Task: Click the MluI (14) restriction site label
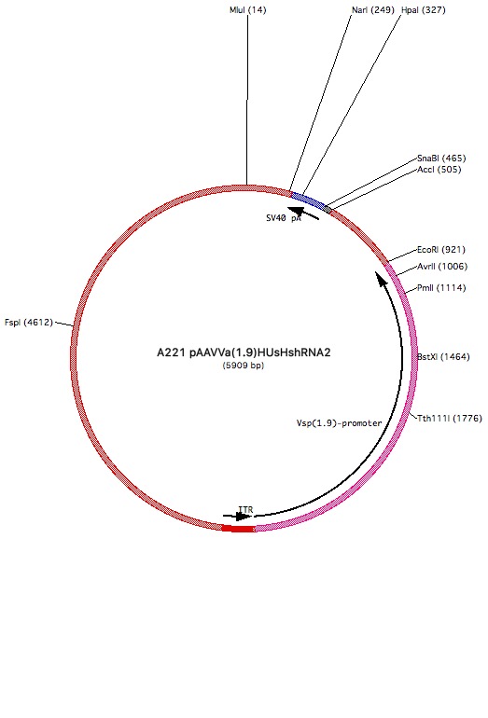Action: (247, 10)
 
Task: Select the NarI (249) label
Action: (373, 10)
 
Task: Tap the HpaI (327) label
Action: (423, 10)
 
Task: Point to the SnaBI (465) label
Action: (441, 159)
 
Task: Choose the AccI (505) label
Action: (439, 170)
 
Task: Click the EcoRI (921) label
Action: (440, 250)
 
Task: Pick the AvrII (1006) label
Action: (442, 267)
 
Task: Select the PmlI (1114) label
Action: (441, 288)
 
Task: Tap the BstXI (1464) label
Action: (443, 357)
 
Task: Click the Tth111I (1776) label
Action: (450, 418)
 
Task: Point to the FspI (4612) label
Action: (29, 323)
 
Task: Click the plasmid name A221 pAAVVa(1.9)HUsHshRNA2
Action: (244, 352)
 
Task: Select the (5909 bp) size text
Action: (244, 366)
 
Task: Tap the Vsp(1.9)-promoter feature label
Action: (339, 423)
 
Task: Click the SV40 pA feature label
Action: (284, 218)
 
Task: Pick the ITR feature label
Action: (245, 510)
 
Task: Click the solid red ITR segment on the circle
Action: (239, 529)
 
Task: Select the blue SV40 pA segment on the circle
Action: (308, 200)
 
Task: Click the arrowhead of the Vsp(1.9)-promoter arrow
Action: (381, 278)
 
